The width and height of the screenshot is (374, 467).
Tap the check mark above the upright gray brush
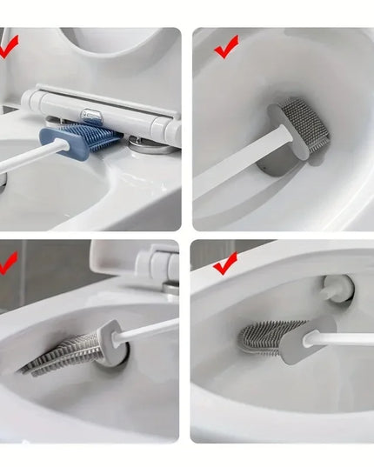226,48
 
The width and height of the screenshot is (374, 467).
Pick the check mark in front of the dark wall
7,261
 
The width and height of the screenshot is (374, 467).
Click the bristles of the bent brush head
65,351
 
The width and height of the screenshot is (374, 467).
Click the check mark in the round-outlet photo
225,262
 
